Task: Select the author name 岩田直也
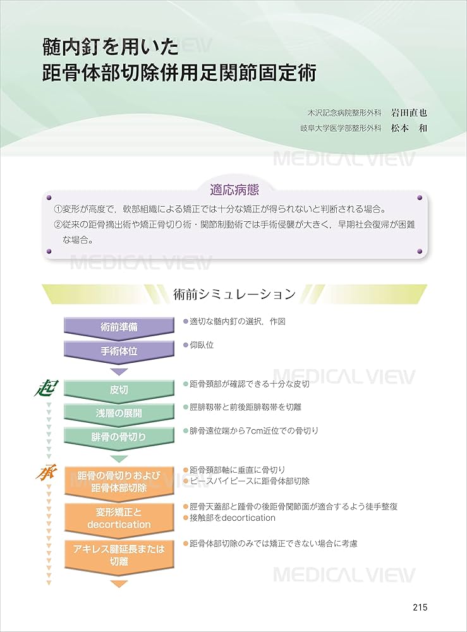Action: click(x=409, y=113)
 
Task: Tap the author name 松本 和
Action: click(x=409, y=127)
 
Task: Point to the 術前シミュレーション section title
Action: click(x=234, y=294)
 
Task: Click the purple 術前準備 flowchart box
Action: click(x=119, y=327)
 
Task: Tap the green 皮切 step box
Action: click(x=119, y=390)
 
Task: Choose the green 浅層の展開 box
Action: click(x=119, y=413)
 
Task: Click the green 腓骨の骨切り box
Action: click(x=119, y=437)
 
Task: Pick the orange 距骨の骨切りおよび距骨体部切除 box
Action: click(x=119, y=482)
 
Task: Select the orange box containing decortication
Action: click(x=119, y=518)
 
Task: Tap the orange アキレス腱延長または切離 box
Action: click(x=119, y=554)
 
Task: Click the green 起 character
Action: click(x=45, y=387)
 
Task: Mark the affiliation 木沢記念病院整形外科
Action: click(x=344, y=114)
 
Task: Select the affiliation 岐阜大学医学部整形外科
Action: click(x=341, y=128)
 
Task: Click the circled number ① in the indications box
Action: click(x=58, y=209)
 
